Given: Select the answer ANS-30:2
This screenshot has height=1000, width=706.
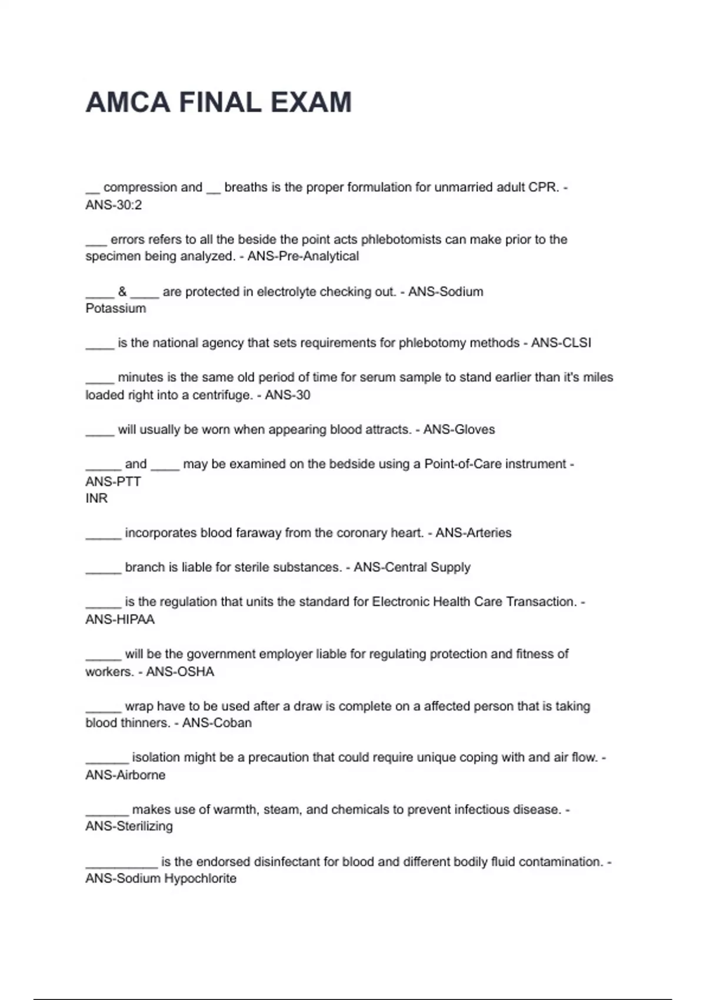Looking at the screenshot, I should coord(114,205).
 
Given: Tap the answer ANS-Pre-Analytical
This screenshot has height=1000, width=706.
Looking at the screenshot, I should coord(303,256).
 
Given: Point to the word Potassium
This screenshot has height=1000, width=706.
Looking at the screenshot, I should coord(115,308).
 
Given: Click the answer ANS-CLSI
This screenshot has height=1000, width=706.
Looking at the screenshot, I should coord(561,343).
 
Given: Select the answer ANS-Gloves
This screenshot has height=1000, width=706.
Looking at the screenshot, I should coord(459,429).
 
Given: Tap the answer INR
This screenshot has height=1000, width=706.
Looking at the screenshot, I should coord(96,498).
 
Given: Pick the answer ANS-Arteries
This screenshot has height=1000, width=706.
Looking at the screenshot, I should coord(473,533).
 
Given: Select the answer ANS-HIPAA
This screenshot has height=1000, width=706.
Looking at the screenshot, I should coord(120,619).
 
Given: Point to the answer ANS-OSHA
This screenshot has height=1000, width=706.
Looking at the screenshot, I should coord(180,672).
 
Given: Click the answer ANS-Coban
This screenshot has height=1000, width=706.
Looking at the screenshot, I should coord(217,723).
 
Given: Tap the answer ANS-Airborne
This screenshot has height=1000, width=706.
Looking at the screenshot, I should coord(125,775).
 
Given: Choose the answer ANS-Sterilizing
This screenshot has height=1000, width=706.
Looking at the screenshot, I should coord(129,826).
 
